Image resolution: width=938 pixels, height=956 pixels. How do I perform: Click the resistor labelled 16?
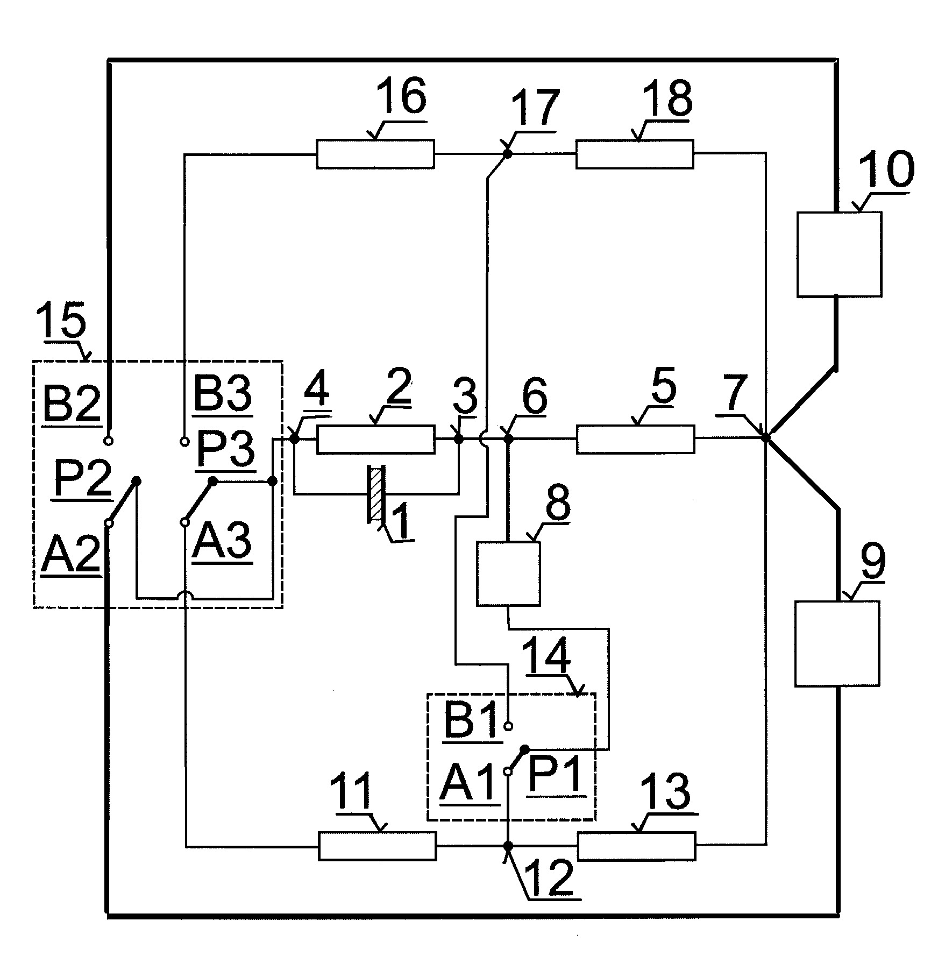tap(375, 154)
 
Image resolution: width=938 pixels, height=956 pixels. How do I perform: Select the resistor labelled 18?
tap(635, 154)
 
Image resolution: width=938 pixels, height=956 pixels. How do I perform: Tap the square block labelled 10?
tap(838, 254)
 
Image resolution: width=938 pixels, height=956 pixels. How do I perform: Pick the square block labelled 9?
tap(837, 643)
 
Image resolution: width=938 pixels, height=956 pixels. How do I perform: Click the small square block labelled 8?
tap(508, 574)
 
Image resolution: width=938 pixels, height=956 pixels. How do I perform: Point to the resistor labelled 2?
tap(375, 439)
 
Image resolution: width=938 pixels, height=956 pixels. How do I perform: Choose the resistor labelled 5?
tap(635, 439)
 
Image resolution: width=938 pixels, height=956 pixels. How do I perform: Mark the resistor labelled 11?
tap(377, 846)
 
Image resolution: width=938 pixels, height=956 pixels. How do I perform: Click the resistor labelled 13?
tap(636, 846)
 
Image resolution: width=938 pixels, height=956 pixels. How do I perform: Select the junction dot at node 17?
tap(507, 154)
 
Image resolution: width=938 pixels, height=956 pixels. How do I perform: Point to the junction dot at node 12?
tap(508, 846)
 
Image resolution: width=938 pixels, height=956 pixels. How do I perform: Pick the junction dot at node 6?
tap(508, 439)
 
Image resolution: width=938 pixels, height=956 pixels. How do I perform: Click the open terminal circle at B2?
tap(108, 441)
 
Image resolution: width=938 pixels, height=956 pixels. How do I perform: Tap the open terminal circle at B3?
tap(184, 442)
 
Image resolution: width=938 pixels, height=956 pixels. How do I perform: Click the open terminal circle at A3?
tap(184, 522)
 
